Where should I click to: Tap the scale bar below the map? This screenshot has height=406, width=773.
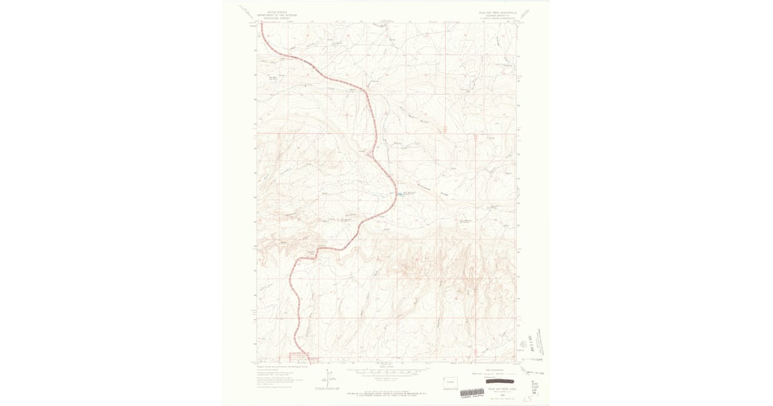click(386, 371)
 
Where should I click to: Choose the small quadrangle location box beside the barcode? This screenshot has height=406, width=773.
click(450, 383)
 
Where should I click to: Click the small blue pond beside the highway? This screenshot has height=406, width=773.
click(398, 193)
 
